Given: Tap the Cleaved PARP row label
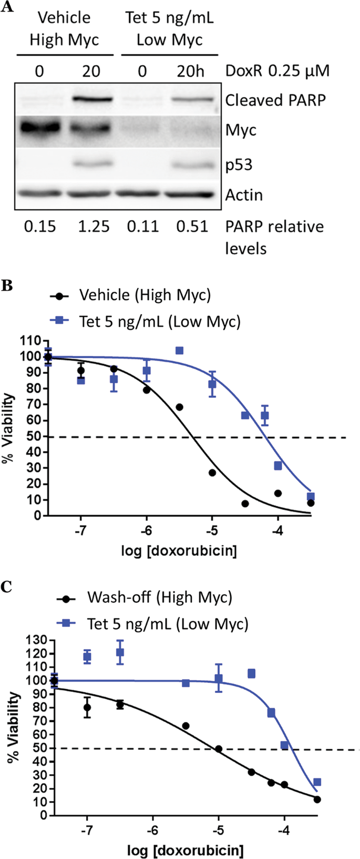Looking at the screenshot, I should point(275,100).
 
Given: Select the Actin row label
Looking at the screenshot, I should point(244,195).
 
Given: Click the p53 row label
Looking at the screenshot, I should point(239,165).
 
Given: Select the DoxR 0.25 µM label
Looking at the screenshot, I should point(277,70).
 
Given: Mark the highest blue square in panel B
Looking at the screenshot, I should point(179,351).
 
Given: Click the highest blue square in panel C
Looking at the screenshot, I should point(120,652).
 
